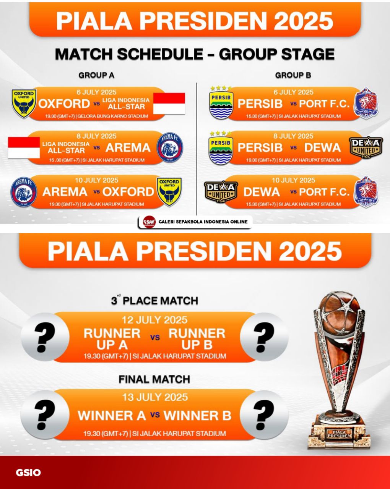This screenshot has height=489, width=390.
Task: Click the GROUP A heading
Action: [96, 75]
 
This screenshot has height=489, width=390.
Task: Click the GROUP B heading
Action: [293, 75]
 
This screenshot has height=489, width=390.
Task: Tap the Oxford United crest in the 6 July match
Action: [24, 104]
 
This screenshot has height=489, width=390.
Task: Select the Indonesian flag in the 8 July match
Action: [24, 147]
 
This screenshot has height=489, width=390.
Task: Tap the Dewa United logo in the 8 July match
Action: [366, 147]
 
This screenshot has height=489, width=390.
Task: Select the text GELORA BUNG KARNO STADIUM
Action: [113, 117]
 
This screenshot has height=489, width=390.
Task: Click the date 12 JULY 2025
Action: [154, 320]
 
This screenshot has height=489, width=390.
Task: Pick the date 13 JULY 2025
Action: [155, 397]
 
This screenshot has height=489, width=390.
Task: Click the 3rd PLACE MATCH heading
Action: [154, 300]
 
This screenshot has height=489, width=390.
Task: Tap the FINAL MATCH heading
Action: [154, 379]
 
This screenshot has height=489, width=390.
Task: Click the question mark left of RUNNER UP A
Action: [45, 337]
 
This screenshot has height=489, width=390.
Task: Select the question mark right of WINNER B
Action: [264, 415]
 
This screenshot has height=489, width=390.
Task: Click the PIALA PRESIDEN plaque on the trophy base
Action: [339, 434]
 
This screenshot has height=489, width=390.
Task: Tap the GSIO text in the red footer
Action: [28, 473]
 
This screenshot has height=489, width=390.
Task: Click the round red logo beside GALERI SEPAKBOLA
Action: [149, 222]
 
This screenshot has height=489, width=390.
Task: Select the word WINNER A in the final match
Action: [112, 416]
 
